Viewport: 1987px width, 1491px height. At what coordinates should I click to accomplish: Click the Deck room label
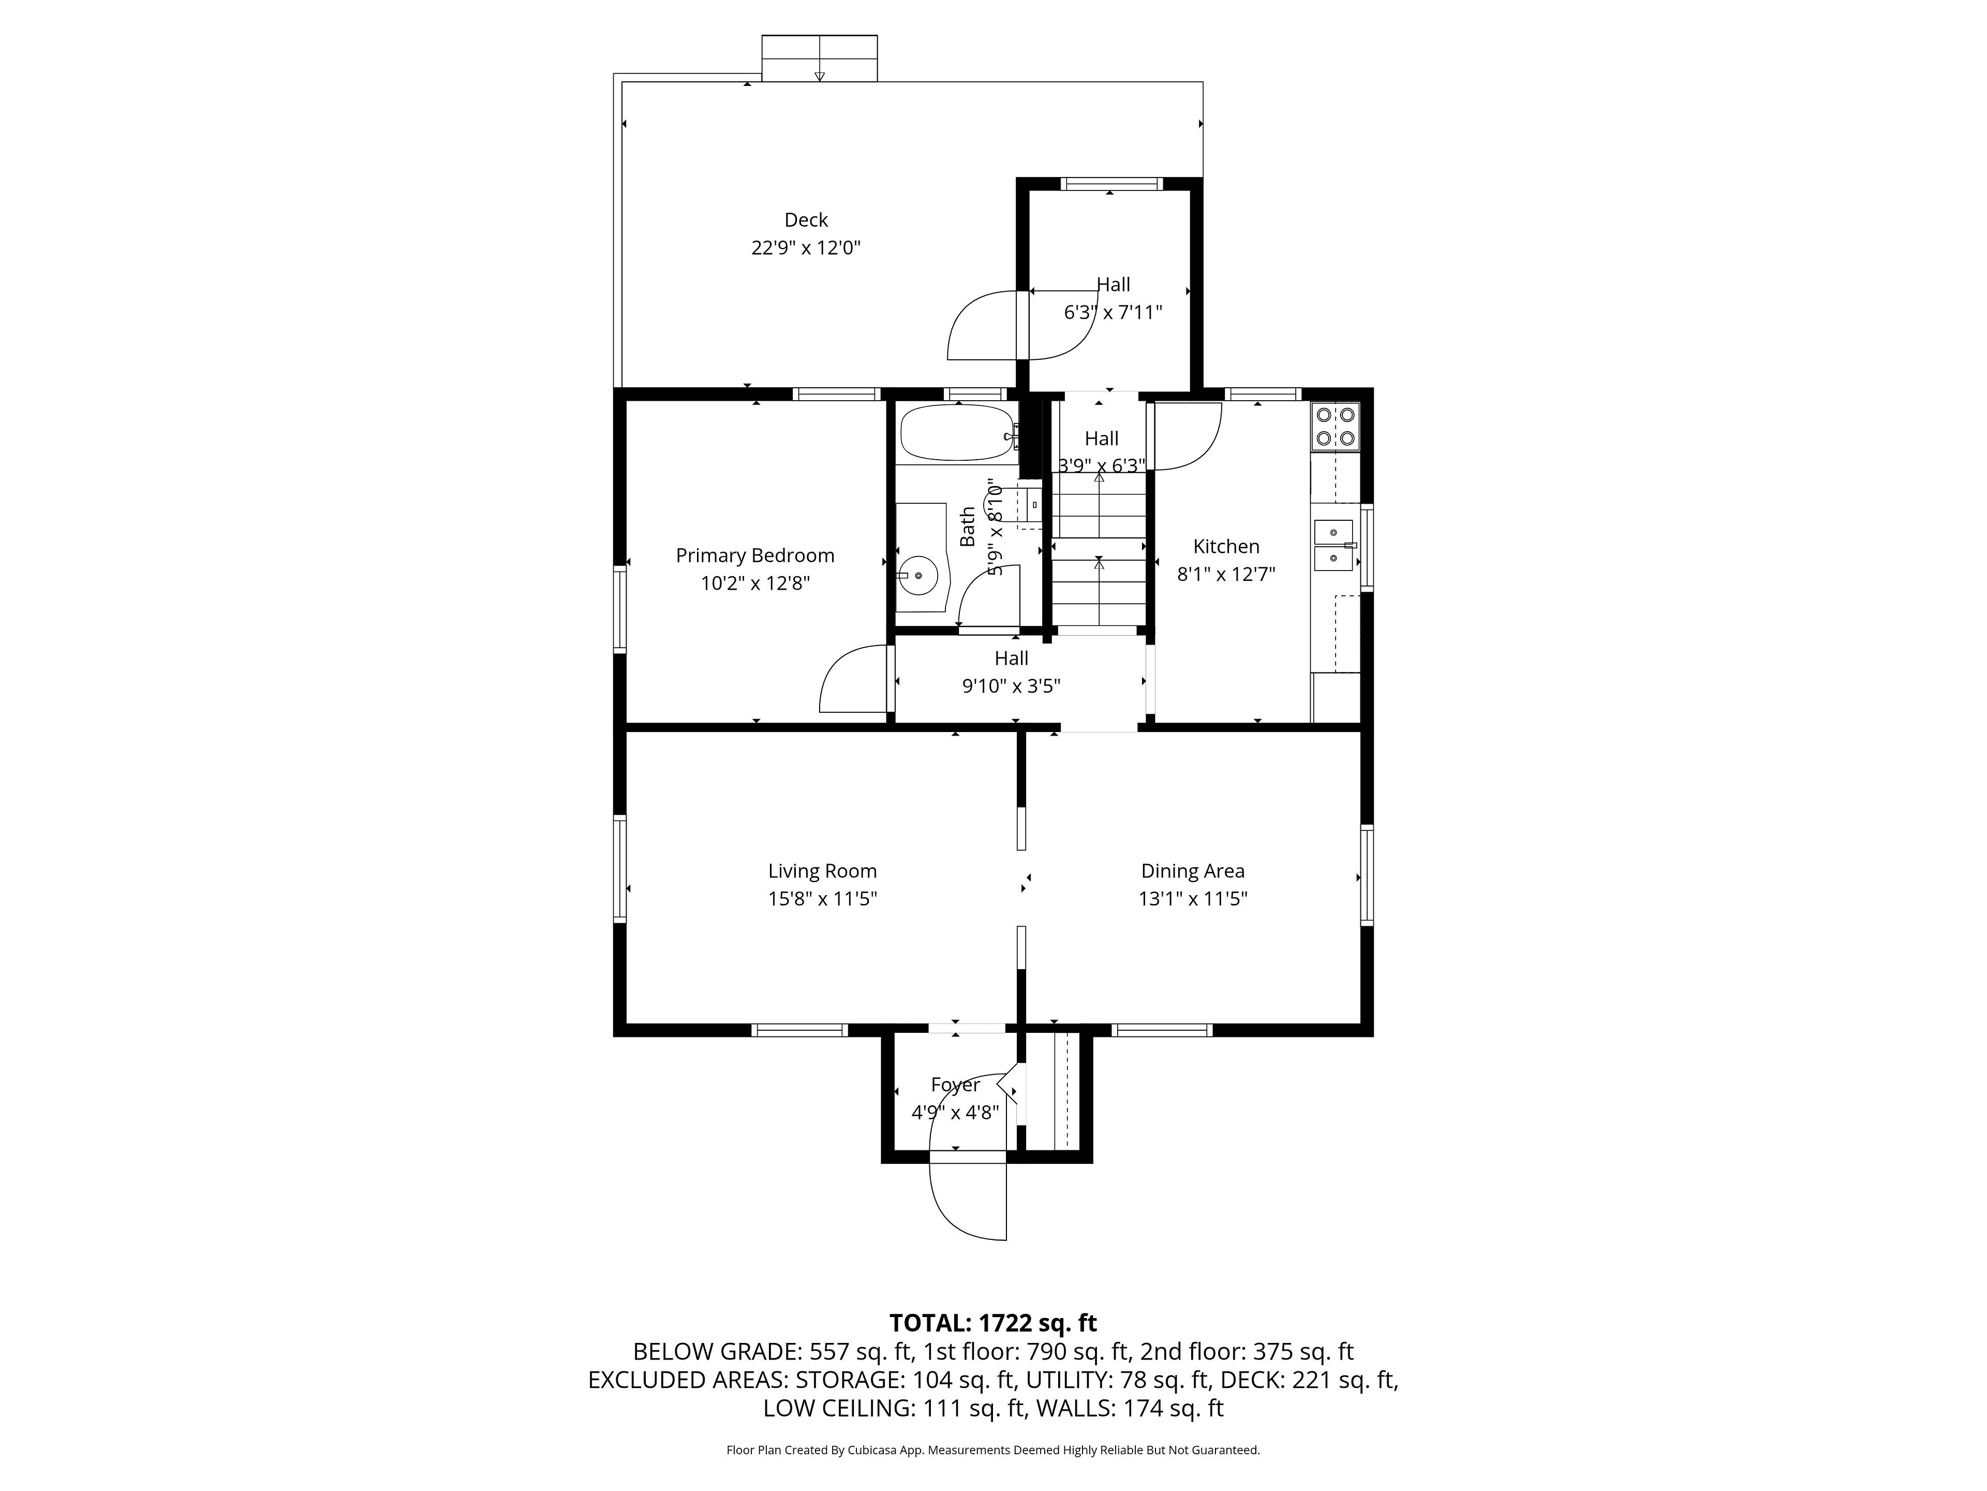click(x=806, y=220)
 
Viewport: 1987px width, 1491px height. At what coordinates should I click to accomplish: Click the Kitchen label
click(x=1226, y=546)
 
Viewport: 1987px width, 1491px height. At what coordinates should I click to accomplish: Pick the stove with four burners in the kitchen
click(x=1336, y=426)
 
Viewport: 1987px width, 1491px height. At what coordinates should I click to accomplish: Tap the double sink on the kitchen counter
click(x=1334, y=546)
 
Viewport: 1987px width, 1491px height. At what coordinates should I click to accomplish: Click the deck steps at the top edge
click(x=819, y=59)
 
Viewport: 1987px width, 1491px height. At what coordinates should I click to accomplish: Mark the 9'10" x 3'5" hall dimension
click(x=1012, y=686)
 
